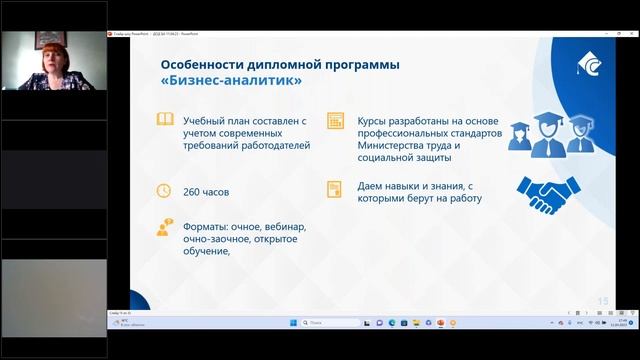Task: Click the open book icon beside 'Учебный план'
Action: pyautogui.click(x=164, y=123)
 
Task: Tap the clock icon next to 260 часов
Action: pyautogui.click(x=164, y=190)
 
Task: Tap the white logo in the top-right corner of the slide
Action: pyautogui.click(x=591, y=65)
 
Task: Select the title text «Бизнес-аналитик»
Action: pyautogui.click(x=231, y=83)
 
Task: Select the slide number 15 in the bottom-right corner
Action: pyautogui.click(x=602, y=300)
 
